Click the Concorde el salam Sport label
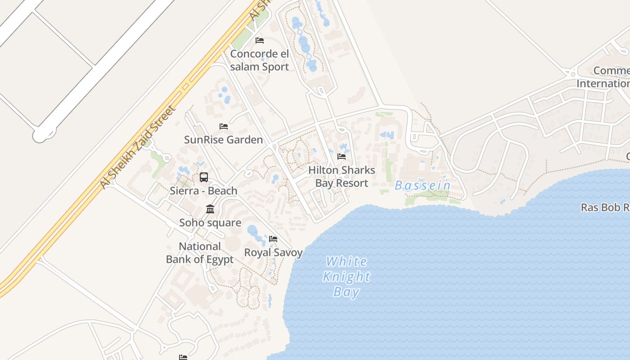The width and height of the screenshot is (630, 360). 260,60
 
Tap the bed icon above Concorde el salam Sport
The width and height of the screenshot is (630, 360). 260,40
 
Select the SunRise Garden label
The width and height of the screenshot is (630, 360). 223,139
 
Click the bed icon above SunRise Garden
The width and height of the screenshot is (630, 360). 223,126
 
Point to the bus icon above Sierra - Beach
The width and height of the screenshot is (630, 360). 204,177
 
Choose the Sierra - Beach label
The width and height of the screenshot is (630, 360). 203,191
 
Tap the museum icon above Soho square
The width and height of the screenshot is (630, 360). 210,209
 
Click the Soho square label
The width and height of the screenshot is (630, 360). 210,223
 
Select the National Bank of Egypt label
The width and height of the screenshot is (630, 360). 200,253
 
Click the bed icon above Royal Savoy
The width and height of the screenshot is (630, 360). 273,239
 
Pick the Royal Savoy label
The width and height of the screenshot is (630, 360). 273,252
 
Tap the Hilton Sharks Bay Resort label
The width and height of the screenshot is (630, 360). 342,176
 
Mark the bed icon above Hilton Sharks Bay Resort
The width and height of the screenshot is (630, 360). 342,157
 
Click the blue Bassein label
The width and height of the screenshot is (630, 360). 423,185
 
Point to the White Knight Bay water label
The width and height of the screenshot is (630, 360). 346,276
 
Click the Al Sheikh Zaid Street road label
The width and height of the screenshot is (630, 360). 137,147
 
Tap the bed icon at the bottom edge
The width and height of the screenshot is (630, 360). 183,357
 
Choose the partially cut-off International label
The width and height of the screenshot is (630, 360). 603,84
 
